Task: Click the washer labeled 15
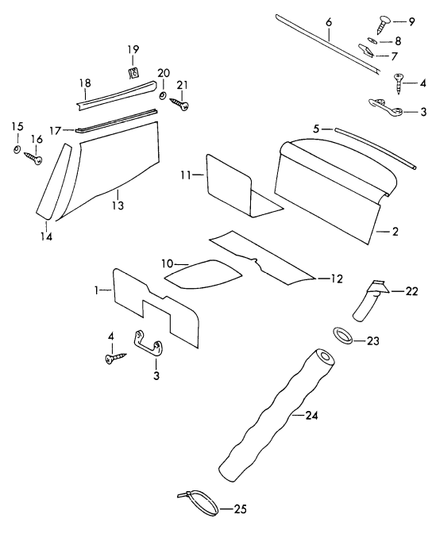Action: click(17, 148)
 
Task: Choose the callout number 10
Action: click(168, 263)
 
